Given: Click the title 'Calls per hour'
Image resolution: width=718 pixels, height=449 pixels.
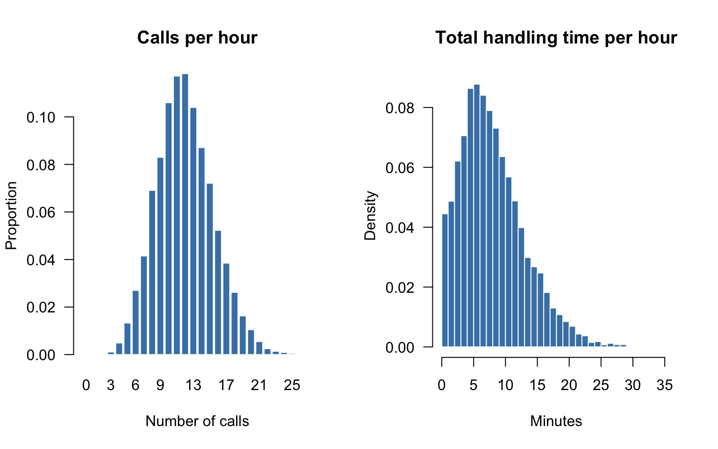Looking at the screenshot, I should (x=197, y=38).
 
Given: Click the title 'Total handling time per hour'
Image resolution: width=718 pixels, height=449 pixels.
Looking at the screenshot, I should (x=556, y=38).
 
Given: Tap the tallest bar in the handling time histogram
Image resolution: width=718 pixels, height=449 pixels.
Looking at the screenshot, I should (x=477, y=216).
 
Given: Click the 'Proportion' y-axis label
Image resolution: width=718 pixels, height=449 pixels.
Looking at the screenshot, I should (x=11, y=216).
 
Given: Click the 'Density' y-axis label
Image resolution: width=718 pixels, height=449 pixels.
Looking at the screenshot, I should (x=370, y=216).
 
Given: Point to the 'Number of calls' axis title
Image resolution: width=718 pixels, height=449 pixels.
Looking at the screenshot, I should (x=197, y=421).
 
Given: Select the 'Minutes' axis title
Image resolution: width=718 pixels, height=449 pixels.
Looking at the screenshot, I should (x=556, y=421).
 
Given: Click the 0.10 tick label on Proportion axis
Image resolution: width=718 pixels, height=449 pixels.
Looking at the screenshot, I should (x=41, y=117).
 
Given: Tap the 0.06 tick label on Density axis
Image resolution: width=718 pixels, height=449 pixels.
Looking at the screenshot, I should (x=400, y=168).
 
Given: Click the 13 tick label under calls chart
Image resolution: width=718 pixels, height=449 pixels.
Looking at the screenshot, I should (x=193, y=385).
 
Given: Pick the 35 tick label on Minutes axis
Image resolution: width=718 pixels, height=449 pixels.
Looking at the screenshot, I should (x=664, y=385).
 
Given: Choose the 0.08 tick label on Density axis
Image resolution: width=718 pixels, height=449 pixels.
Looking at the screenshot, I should (x=400, y=108).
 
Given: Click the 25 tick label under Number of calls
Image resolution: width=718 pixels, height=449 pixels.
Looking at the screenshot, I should (x=292, y=385).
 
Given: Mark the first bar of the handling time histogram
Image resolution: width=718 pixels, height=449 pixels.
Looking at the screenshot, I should (x=445, y=281).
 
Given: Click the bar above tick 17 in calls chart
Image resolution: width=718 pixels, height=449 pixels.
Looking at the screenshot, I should (x=226, y=309).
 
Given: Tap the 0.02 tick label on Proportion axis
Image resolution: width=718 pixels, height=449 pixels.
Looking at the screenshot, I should (x=41, y=307).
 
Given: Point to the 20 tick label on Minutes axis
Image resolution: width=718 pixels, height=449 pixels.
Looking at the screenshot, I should (x=569, y=385).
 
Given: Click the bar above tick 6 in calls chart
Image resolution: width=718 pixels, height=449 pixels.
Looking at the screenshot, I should (x=136, y=322).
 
